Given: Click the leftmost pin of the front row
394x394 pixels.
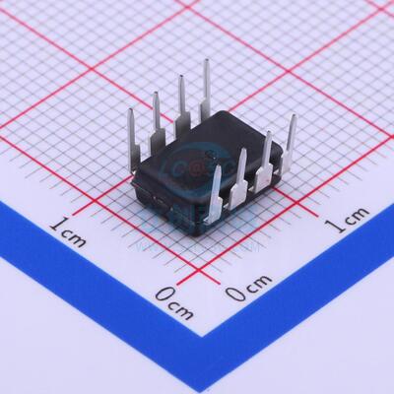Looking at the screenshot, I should [216, 191].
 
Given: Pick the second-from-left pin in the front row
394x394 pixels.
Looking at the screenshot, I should [240, 171].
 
